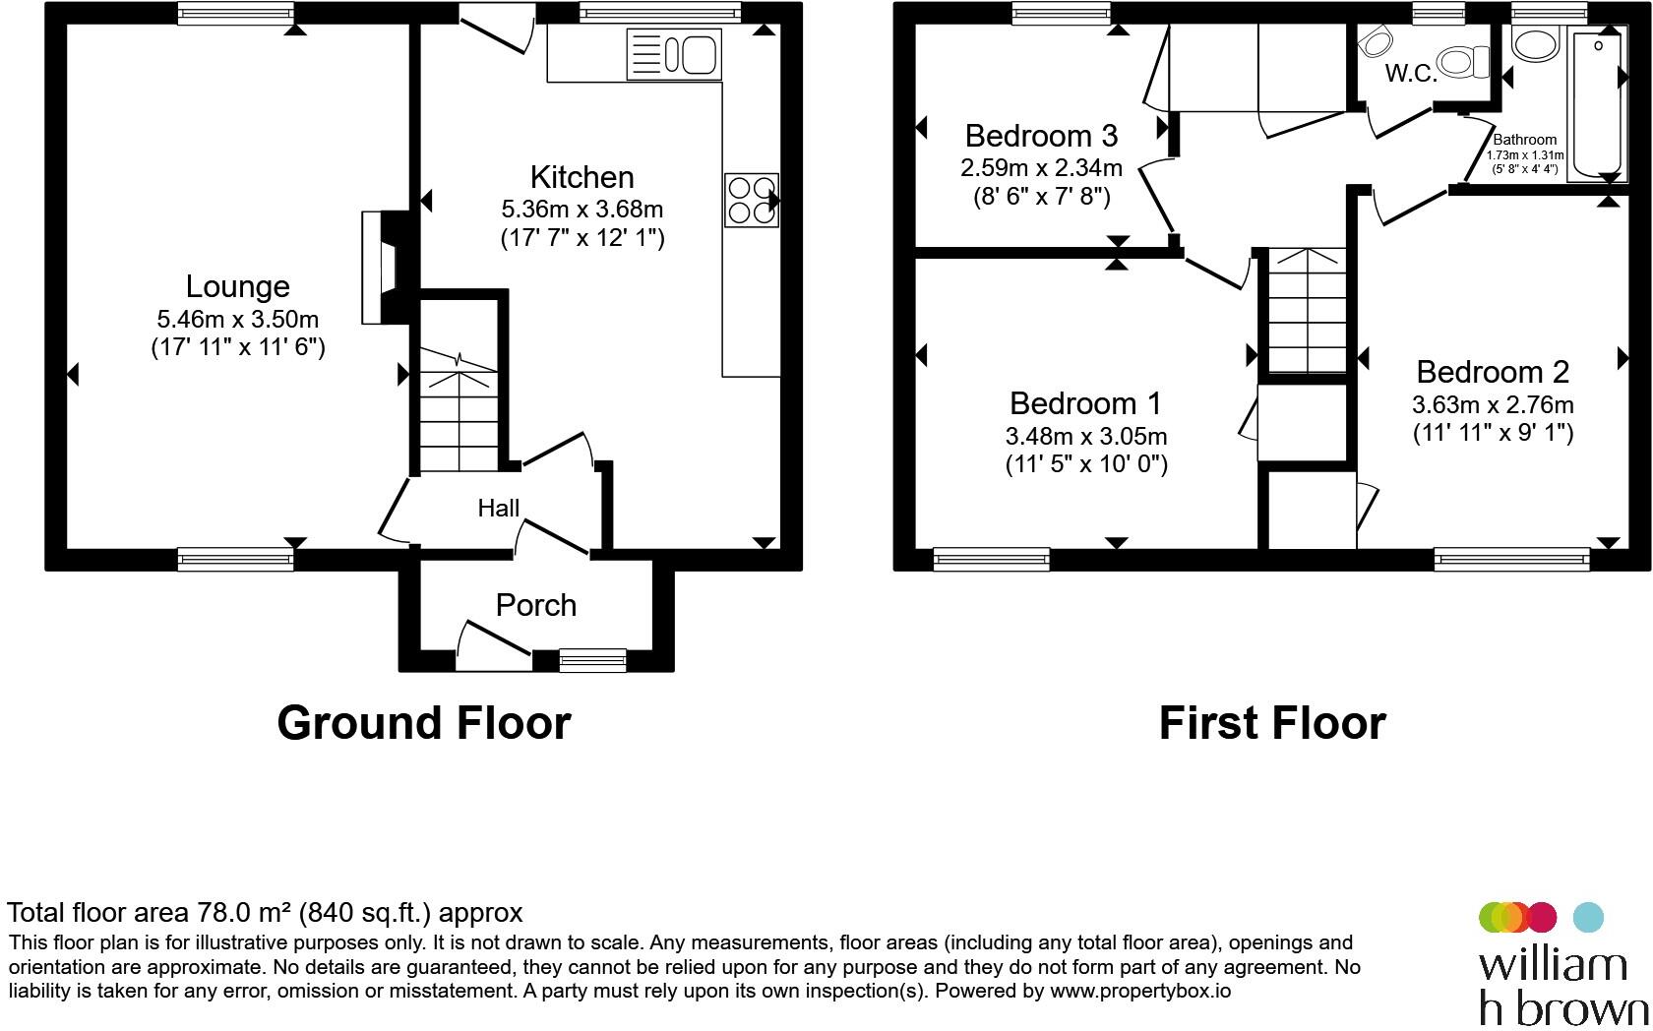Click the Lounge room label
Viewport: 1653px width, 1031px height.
tap(237, 286)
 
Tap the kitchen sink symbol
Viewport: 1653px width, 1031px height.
tap(674, 54)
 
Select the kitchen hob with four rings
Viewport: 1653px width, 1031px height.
tap(752, 200)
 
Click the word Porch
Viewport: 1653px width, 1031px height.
tap(535, 605)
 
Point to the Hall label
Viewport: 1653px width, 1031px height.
tap(498, 508)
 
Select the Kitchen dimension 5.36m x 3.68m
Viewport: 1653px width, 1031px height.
tap(582, 210)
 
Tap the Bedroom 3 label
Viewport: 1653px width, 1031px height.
tap(1041, 136)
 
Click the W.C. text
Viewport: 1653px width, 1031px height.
tap(1411, 73)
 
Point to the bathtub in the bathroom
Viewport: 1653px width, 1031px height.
tap(1595, 105)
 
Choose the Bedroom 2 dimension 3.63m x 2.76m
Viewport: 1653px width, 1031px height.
tap(1493, 405)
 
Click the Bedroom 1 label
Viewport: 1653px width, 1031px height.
tap(1085, 403)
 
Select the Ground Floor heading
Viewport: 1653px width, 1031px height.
tap(423, 722)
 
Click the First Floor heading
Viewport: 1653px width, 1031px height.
tap(1272, 722)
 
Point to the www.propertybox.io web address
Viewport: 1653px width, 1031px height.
tap(1140, 991)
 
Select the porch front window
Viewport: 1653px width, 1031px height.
tap(593, 660)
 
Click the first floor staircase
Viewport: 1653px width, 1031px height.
tap(1307, 310)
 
